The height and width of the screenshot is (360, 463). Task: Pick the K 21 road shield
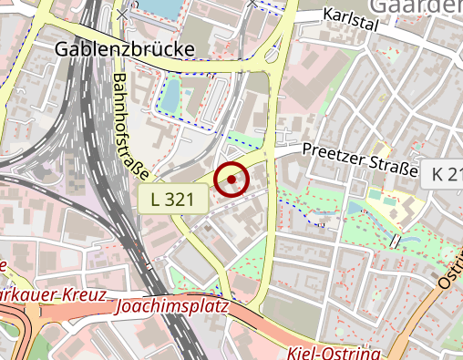pos(446,173)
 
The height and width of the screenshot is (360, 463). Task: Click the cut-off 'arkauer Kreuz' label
pos(53,296)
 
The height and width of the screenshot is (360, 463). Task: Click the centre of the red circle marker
pos(231,180)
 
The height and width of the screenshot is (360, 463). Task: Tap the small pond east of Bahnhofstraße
pos(171,91)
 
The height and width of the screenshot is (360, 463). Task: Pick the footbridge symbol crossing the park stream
pos(396,241)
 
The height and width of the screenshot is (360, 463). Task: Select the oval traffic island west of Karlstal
pos(273,57)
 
